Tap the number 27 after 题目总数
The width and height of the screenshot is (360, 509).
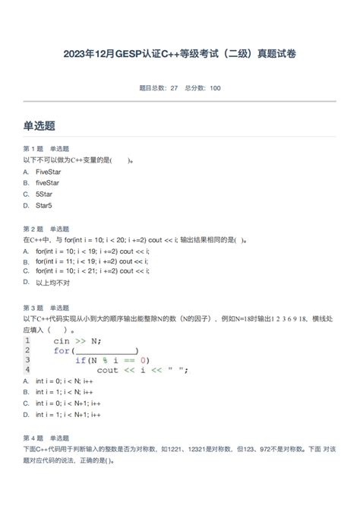pos(174,88)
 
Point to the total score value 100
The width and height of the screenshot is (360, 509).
pos(215,88)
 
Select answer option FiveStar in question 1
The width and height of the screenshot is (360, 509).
pos(47,172)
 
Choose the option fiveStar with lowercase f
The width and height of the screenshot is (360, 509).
pos(47,182)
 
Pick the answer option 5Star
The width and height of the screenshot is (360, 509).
pos(44,194)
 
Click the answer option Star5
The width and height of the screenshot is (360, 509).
pos(44,205)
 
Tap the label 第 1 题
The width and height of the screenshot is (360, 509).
pos(33,149)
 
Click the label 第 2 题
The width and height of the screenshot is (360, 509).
pos(33,229)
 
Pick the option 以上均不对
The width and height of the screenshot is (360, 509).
pos(52,283)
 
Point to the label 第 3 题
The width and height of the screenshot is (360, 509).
pos(33,308)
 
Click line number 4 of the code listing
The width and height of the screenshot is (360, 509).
pos(27,370)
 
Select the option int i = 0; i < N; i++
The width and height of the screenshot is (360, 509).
pos(68,381)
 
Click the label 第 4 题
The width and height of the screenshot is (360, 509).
pos(33,438)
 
